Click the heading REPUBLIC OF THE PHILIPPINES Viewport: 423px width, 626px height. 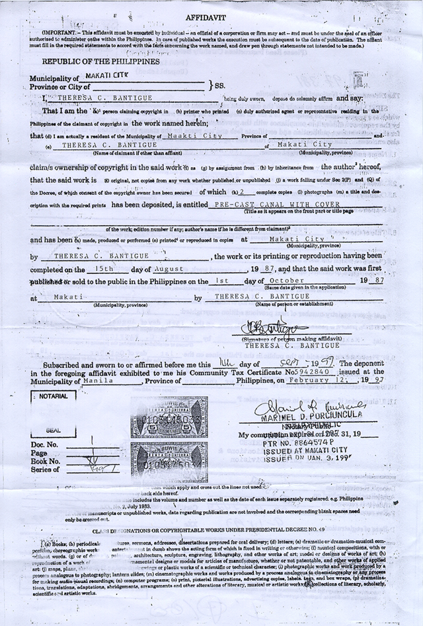[x=92, y=61]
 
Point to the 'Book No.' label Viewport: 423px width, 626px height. [x=46, y=461]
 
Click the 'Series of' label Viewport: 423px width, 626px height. [x=46, y=470]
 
